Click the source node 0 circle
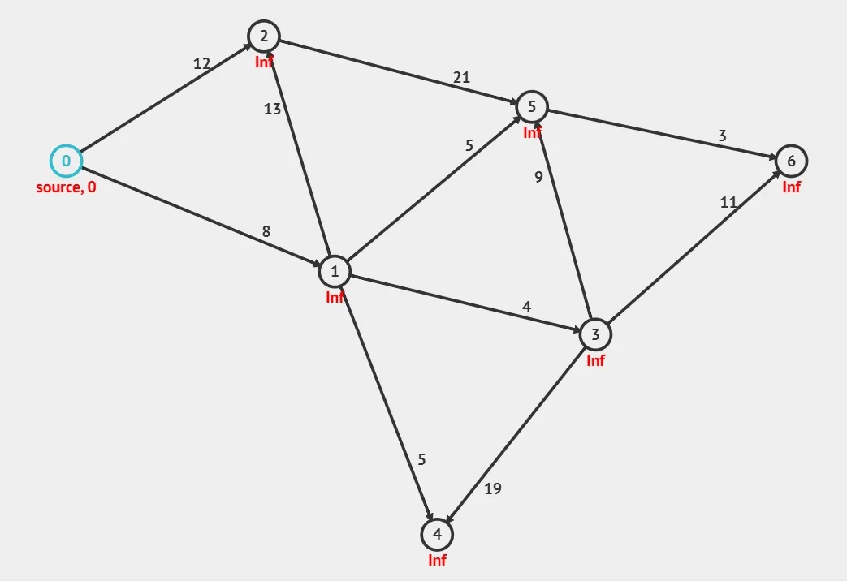67,161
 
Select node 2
265,36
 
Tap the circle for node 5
532,106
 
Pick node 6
791,161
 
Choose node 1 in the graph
335,271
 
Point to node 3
595,334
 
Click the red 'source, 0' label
66,187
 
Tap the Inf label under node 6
791,187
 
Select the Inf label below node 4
437,560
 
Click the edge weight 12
201,63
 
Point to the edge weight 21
461,78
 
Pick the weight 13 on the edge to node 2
272,110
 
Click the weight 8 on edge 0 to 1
266,231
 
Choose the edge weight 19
493,488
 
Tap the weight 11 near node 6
728,202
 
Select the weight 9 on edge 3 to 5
538,178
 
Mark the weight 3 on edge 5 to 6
722,136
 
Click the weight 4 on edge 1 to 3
526,307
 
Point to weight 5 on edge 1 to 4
421,459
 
